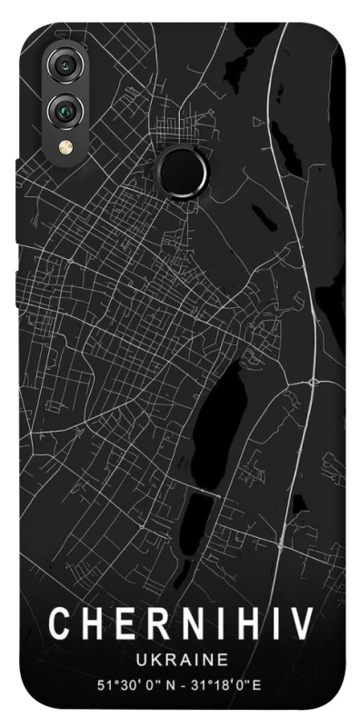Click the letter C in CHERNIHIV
[x=59, y=624]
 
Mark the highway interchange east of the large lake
[x=313, y=377]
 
